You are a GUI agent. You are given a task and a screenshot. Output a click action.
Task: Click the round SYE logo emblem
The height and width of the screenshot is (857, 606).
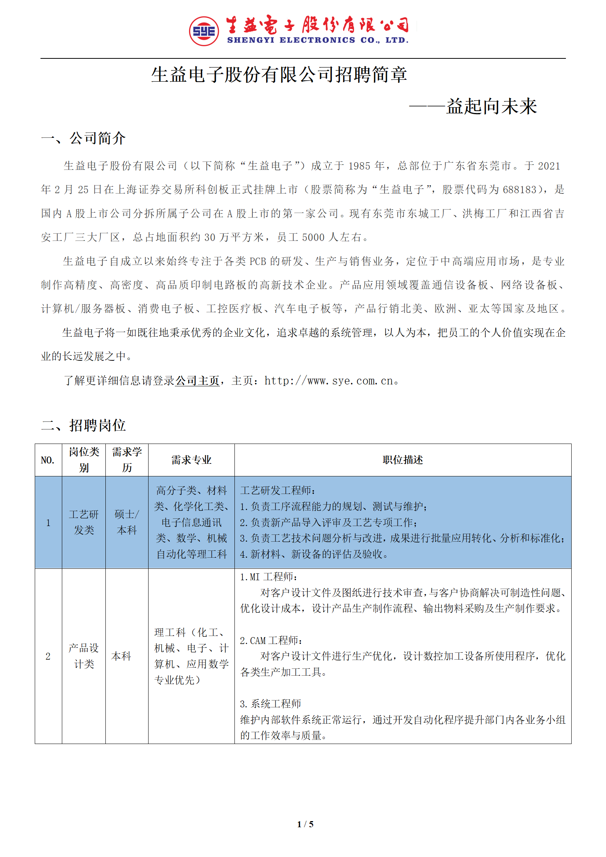click(204, 31)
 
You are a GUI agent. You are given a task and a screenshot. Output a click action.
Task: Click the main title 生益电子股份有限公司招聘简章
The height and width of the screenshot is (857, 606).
click(279, 74)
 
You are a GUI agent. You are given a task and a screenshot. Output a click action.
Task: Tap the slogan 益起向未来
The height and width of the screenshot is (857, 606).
click(491, 106)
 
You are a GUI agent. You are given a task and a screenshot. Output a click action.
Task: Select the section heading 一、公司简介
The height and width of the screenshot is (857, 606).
click(83, 138)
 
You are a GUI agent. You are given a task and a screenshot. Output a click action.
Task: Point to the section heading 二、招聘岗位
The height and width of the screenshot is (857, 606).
click(83, 425)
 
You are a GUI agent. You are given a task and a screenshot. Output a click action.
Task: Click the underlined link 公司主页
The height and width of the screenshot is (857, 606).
click(197, 381)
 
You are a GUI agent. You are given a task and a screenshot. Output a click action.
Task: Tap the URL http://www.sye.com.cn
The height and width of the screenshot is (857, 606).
click(329, 381)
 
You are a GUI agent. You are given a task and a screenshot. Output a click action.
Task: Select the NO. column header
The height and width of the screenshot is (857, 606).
click(48, 460)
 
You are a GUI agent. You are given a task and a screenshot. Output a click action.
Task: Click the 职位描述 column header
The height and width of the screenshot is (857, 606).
click(402, 460)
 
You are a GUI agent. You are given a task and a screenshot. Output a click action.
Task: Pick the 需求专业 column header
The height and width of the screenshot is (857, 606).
click(191, 460)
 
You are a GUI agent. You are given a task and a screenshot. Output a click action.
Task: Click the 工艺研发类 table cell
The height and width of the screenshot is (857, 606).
click(84, 522)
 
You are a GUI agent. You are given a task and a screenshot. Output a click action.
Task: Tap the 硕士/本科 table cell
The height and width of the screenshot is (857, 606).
click(127, 522)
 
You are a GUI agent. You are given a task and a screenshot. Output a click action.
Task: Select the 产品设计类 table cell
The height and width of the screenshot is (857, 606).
click(84, 656)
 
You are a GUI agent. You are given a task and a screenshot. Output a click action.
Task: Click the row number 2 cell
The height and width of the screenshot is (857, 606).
click(48, 656)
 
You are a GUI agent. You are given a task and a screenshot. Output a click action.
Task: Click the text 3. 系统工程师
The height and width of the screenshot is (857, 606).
click(270, 704)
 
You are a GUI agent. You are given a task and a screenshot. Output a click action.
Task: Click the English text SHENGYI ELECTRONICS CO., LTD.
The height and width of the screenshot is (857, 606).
click(318, 40)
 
